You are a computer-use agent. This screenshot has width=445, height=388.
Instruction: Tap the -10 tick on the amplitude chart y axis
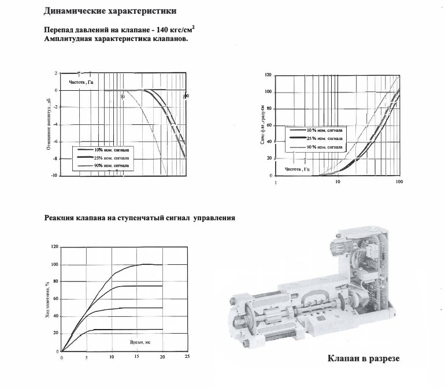pyautogui.click(x=55, y=175)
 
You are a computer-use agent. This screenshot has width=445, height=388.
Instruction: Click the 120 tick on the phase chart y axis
pyautogui.click(x=268, y=75)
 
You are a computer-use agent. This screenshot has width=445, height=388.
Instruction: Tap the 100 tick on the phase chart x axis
pyautogui.click(x=398, y=182)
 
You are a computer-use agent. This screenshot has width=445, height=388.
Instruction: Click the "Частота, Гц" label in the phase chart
pyautogui.click(x=298, y=169)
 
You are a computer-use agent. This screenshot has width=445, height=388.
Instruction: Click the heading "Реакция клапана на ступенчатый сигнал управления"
pyautogui.click(x=139, y=218)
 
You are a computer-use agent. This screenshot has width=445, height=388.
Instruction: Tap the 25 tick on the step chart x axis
pyautogui.click(x=187, y=357)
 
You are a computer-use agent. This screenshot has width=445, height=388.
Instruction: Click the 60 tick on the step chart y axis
pyautogui.click(x=55, y=299)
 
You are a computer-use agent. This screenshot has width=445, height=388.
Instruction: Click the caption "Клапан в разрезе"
pyautogui.click(x=363, y=359)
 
